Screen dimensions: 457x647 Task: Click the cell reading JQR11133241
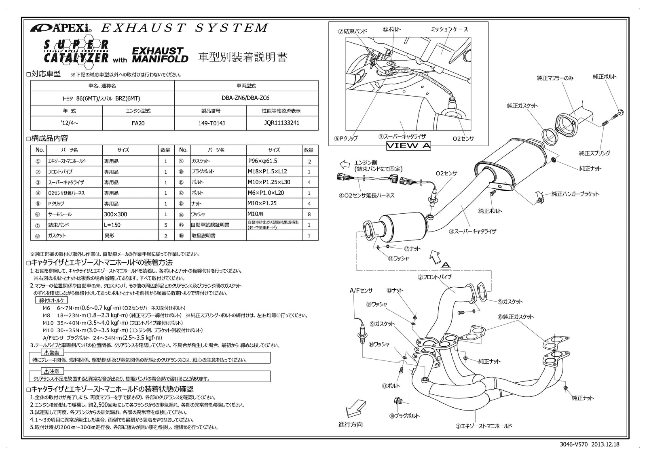[x=282, y=123]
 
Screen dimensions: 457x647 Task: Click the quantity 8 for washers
[x=309, y=214]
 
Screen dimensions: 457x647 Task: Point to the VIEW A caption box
[x=408, y=145]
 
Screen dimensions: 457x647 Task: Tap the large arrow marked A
[x=436, y=255]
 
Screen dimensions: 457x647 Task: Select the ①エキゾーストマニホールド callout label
[x=483, y=426]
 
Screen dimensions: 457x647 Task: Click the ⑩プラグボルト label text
[x=404, y=416]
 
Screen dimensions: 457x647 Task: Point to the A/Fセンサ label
[x=361, y=290]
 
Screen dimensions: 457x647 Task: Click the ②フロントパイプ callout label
[x=434, y=277]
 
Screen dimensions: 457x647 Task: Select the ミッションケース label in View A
[x=449, y=29]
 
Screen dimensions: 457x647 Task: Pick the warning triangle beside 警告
[x=45, y=353]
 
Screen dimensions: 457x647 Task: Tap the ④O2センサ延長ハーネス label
[x=366, y=196]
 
